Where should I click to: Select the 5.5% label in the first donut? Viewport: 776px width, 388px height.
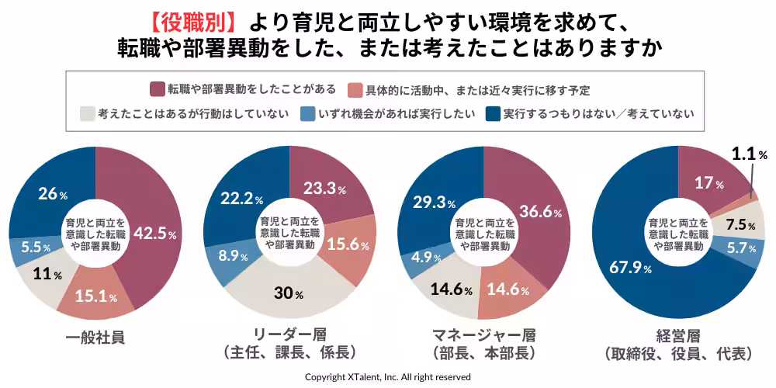pyautogui.click(x=34, y=248)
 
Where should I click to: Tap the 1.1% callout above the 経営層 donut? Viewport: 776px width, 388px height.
pyautogui.click(x=747, y=154)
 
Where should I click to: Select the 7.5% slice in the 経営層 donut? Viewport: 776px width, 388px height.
pyautogui.click(x=741, y=225)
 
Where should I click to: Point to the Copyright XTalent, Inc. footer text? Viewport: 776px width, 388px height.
pyautogui.click(x=387, y=376)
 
